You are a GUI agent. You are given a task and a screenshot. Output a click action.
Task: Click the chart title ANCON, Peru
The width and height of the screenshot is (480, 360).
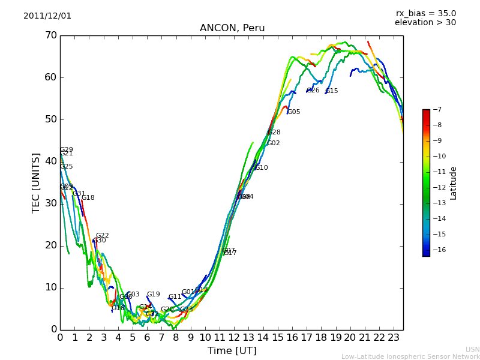[232, 28]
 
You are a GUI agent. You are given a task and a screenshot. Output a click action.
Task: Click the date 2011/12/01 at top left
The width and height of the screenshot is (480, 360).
[47, 16]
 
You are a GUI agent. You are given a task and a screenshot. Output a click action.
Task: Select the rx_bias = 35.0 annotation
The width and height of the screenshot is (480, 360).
[425, 14]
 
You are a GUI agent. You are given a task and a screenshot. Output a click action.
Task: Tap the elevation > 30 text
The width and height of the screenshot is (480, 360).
[425, 23]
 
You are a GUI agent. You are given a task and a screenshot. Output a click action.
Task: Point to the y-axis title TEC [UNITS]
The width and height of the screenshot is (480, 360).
[36, 183]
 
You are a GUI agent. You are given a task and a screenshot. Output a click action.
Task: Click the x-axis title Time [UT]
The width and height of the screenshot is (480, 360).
[232, 350]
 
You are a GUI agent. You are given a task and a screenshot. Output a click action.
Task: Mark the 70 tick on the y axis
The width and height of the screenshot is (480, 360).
[50, 35]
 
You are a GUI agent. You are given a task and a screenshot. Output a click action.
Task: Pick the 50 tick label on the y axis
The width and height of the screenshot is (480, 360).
[50, 119]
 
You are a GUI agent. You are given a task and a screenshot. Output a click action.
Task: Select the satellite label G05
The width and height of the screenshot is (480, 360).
[293, 112]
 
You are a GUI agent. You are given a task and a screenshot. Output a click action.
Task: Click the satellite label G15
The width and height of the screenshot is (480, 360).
[332, 91]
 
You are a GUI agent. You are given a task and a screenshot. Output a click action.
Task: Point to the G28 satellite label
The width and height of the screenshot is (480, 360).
[274, 133]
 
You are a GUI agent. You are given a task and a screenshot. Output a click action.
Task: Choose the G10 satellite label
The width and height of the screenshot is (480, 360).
[261, 168]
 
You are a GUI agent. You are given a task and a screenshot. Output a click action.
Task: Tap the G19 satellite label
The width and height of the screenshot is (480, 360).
[153, 295]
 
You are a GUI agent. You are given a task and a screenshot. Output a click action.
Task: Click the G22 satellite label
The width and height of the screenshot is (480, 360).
[102, 236]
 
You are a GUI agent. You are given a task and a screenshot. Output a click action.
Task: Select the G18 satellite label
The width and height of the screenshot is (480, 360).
[88, 198]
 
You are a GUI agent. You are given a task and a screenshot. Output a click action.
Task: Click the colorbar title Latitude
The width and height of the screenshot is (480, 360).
[454, 183]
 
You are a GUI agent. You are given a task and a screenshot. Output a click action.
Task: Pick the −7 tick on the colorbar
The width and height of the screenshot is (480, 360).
[436, 110]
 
